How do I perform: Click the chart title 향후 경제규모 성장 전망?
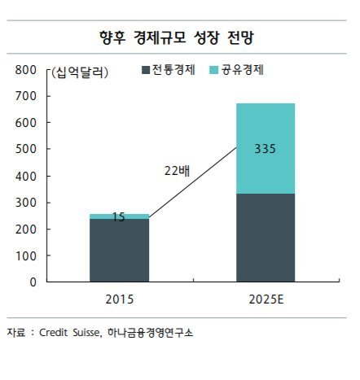click(179, 37)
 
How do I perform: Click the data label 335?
click(266, 149)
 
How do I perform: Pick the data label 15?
click(119, 217)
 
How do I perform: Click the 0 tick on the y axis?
click(32, 282)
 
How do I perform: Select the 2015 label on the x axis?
click(119, 299)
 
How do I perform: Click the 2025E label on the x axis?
click(266, 299)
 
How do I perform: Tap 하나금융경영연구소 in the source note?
click(148, 333)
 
